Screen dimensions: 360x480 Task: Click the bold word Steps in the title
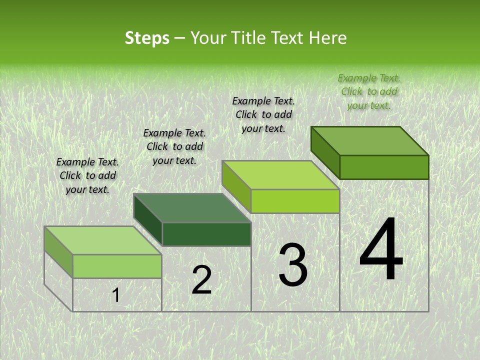coord(147,38)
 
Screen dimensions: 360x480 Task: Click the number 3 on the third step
coord(293,265)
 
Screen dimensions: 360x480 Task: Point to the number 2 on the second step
coord(201,280)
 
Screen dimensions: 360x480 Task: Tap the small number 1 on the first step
coord(115,295)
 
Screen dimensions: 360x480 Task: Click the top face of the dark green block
coord(192,208)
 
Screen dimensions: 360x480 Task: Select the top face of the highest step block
coord(370,140)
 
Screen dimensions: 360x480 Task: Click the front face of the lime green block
coord(295,201)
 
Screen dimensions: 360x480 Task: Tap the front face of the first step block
coord(117,266)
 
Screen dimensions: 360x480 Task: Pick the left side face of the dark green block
coord(148,220)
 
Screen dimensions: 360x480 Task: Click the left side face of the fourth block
coord(325,152)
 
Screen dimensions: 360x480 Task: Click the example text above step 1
coord(87,176)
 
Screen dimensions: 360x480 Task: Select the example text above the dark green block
coord(174,147)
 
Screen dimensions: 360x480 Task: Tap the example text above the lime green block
coord(263,114)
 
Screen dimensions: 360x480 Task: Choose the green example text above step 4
coord(369,91)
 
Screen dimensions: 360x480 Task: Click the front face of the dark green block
coord(206,234)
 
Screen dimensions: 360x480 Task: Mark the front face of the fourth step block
coord(384,167)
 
